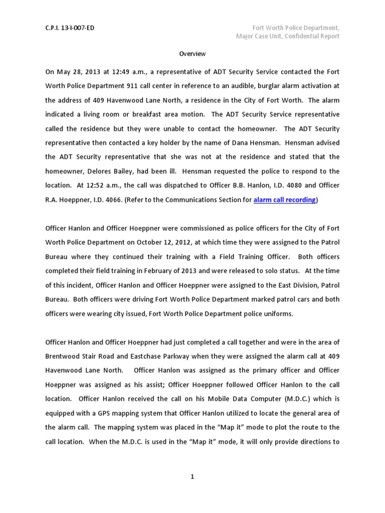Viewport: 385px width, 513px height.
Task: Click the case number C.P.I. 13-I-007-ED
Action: coord(70,28)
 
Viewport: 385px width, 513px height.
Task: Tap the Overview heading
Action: coord(192,54)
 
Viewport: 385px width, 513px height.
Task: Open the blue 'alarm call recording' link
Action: coord(284,200)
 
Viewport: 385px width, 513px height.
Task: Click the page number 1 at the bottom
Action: coord(192,477)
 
